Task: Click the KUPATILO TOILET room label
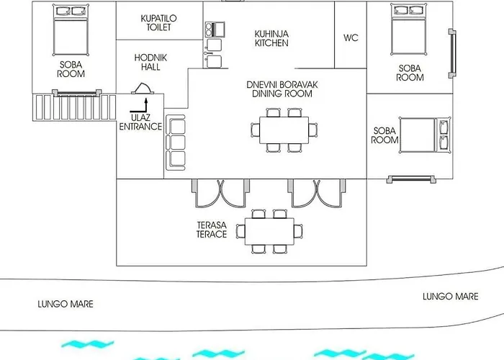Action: [159, 23]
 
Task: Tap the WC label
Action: [351, 38]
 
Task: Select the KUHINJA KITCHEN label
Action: [271, 39]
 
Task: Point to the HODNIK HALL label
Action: [150, 63]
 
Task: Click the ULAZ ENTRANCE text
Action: [140, 122]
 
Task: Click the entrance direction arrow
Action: [139, 106]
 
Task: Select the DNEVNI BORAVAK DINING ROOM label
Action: [282, 89]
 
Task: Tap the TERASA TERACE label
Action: [212, 230]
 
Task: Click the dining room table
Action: [284, 130]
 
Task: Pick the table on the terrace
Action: [269, 231]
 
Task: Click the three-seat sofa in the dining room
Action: [176, 143]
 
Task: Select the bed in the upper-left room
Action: [71, 30]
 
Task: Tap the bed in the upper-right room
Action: [409, 30]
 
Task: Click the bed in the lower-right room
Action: [425, 135]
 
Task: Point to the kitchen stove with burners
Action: [215, 30]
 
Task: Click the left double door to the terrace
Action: [220, 193]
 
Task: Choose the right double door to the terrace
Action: [317, 193]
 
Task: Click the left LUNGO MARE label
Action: [66, 304]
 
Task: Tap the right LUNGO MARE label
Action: [450, 297]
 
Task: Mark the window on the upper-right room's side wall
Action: [453, 53]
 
